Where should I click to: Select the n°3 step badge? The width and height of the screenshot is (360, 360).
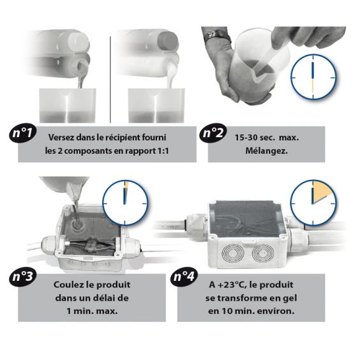pyautogui.click(x=23, y=276)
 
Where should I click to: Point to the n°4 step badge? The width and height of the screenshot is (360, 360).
pyautogui.click(x=184, y=276)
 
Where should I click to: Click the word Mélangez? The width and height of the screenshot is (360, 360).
pyautogui.click(x=266, y=151)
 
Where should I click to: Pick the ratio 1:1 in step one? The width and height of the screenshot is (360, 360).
pyautogui.click(x=162, y=151)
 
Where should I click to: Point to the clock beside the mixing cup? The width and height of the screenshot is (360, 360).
pyautogui.click(x=313, y=77)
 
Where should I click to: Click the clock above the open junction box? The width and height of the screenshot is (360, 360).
pyautogui.click(x=125, y=203)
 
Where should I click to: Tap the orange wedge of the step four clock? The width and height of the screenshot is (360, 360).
pyautogui.click(x=322, y=191)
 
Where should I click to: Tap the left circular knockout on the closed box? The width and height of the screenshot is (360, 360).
pyautogui.click(x=233, y=253)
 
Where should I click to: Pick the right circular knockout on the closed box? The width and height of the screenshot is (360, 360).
pyautogui.click(x=264, y=253)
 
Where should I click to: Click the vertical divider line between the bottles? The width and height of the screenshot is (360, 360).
pyautogui.click(x=110, y=79)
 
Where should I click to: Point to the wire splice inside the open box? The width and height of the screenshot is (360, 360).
pyautogui.click(x=91, y=246)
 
